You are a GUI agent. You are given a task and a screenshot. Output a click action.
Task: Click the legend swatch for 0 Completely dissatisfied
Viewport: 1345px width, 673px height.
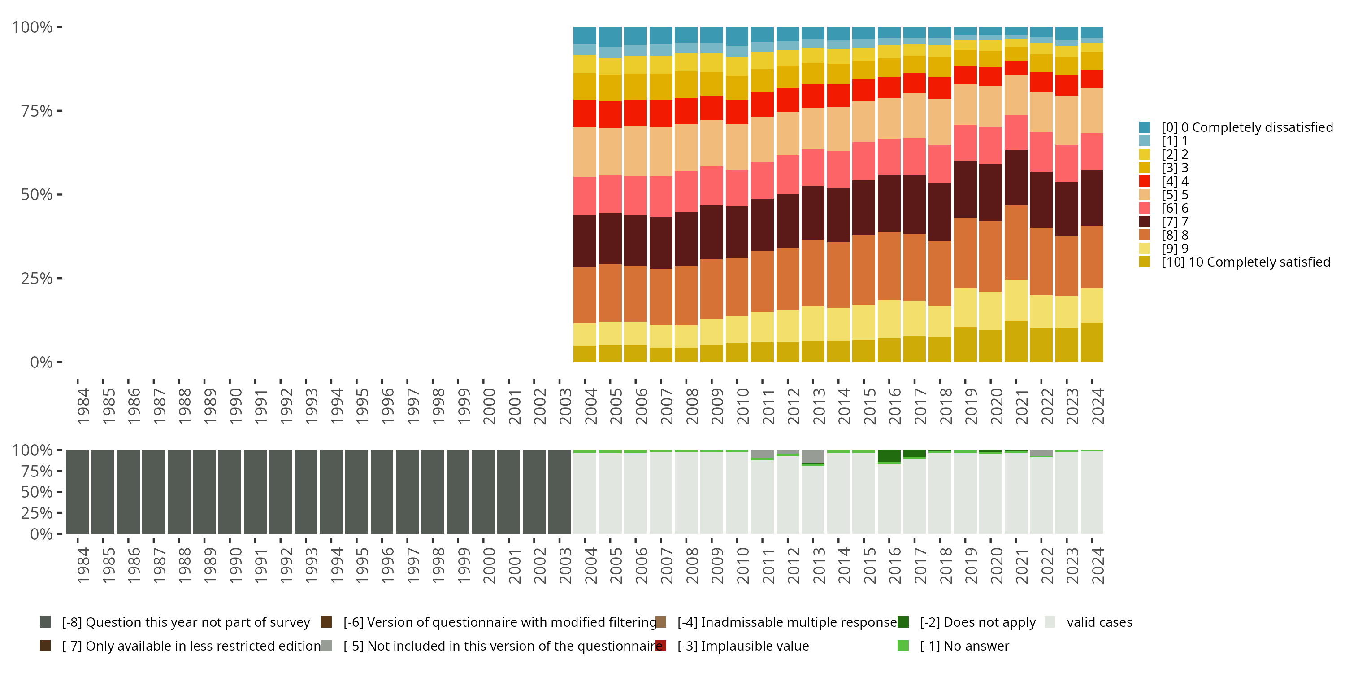(1145, 127)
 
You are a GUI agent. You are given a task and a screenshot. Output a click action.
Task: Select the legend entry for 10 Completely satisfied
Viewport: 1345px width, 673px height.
(1246, 262)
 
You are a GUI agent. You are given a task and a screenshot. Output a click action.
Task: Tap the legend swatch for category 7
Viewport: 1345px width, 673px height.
(1145, 222)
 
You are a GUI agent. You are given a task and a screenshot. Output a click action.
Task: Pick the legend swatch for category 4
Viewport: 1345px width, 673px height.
(1145, 181)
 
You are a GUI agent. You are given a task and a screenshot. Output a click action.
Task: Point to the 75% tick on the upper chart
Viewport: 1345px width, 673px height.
(60, 111)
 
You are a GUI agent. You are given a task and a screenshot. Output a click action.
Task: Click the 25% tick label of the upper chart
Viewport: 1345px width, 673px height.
(37, 279)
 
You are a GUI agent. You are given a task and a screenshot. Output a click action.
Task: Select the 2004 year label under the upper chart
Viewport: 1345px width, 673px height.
(590, 406)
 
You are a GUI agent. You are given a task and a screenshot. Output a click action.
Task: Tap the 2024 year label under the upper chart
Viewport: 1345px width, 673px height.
(1098, 406)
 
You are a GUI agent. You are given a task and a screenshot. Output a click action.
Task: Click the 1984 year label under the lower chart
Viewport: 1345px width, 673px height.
(82, 566)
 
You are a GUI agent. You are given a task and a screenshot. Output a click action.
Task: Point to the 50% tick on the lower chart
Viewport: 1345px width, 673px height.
(60, 492)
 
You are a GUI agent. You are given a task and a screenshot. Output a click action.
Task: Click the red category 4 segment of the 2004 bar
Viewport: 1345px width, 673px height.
(585, 113)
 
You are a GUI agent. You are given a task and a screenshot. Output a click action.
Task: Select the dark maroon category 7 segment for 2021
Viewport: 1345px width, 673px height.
(1016, 178)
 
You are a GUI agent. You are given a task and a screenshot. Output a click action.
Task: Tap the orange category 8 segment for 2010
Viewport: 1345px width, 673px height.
(737, 286)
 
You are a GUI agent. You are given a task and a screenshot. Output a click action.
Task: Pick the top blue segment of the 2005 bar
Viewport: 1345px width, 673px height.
(610, 37)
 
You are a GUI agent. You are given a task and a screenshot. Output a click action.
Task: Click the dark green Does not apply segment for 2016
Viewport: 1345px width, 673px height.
(889, 456)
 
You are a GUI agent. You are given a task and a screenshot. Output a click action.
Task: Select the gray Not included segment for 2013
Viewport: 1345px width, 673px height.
(813, 456)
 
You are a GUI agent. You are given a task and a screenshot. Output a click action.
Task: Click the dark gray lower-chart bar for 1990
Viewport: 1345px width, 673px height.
(230, 492)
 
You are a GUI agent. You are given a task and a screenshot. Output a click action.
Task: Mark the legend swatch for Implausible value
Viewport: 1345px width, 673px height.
(661, 646)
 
